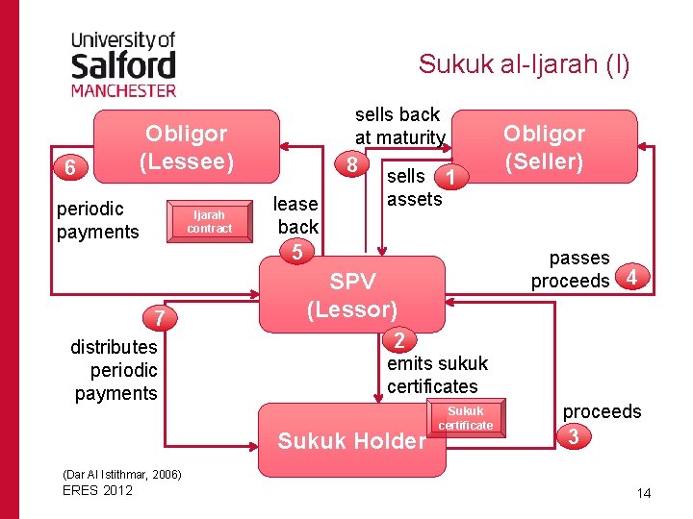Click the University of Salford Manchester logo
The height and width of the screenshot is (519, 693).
click(123, 62)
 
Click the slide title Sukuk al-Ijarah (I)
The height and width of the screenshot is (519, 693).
click(524, 64)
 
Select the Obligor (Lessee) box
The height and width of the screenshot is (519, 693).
click(187, 147)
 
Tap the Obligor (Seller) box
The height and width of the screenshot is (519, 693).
click(544, 147)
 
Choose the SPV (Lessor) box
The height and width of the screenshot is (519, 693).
click(352, 295)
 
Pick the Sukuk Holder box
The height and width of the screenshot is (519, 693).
click(351, 440)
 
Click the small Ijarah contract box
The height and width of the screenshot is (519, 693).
click(209, 222)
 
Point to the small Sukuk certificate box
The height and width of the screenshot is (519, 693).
click(465, 418)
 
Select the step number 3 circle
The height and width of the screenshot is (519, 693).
click(575, 436)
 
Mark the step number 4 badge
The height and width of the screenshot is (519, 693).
click(630, 279)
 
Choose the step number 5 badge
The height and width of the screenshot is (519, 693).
click(297, 252)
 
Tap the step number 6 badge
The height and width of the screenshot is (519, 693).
click(70, 167)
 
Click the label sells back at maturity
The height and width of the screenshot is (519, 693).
click(398, 126)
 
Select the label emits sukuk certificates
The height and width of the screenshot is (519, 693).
click(437, 375)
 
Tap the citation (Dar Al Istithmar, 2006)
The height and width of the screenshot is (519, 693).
click(121, 475)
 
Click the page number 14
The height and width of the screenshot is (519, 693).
click(644, 493)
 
